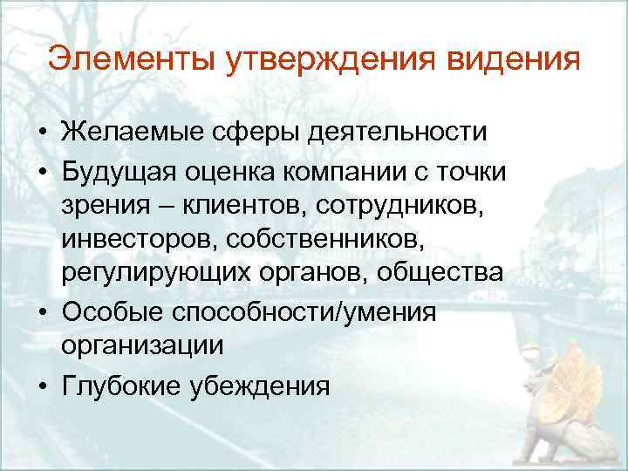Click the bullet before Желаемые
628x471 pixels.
point(41,134)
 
